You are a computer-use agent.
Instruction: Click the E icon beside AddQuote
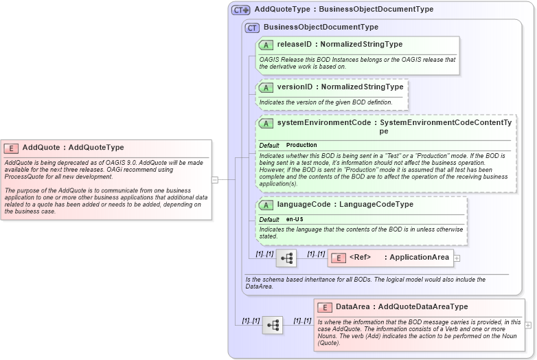(11, 148)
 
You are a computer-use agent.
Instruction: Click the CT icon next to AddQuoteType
(240, 10)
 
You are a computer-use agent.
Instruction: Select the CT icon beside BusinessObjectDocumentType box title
(253, 27)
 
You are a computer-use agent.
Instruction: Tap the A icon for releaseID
(266, 45)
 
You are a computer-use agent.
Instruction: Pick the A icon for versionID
(266, 87)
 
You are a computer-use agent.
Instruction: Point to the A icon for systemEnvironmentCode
(266, 123)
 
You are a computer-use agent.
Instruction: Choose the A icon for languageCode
(266, 204)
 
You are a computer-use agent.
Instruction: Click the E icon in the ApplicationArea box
(338, 258)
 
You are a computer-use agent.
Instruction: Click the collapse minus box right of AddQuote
(215, 180)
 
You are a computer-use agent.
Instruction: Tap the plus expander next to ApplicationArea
(457, 258)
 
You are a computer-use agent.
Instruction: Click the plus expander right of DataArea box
(528, 325)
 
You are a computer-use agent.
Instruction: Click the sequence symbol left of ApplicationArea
(286, 258)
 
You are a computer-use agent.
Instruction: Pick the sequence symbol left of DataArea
(273, 325)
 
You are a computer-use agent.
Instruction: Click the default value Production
(301, 146)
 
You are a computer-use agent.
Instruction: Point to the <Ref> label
(360, 258)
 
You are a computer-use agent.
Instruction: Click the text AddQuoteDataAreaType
(423, 307)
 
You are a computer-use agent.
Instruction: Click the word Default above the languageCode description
(269, 219)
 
